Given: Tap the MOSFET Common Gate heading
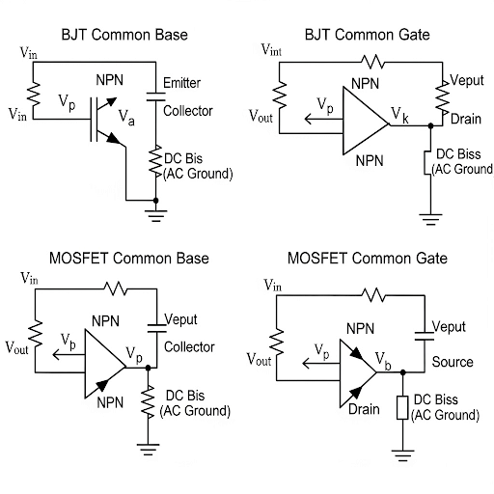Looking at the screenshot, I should click(367, 259).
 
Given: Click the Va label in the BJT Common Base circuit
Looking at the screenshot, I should click(127, 117).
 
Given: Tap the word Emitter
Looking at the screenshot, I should click(183, 83).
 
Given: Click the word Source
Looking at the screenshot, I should click(453, 362).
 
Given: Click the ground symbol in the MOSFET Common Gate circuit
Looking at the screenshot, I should click(402, 453).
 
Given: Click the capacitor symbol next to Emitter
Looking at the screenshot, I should click(155, 96).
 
